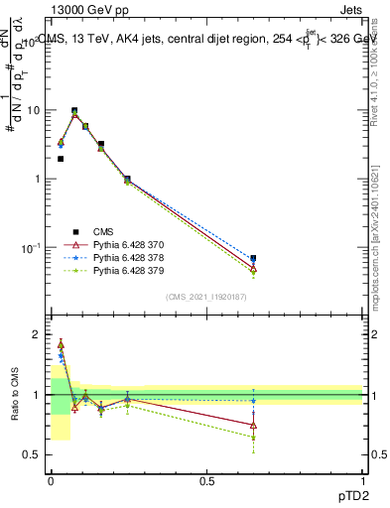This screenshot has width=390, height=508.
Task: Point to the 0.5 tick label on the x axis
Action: click(206, 479)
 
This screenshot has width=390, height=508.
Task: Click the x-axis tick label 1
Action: click(363, 479)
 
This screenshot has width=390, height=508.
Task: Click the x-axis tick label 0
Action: click(51, 479)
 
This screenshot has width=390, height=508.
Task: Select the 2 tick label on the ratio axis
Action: click(37, 335)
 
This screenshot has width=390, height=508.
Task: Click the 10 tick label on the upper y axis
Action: click(33, 110)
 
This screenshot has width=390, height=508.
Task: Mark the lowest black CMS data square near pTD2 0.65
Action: click(253, 259)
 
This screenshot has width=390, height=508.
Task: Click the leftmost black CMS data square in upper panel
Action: click(61, 159)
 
